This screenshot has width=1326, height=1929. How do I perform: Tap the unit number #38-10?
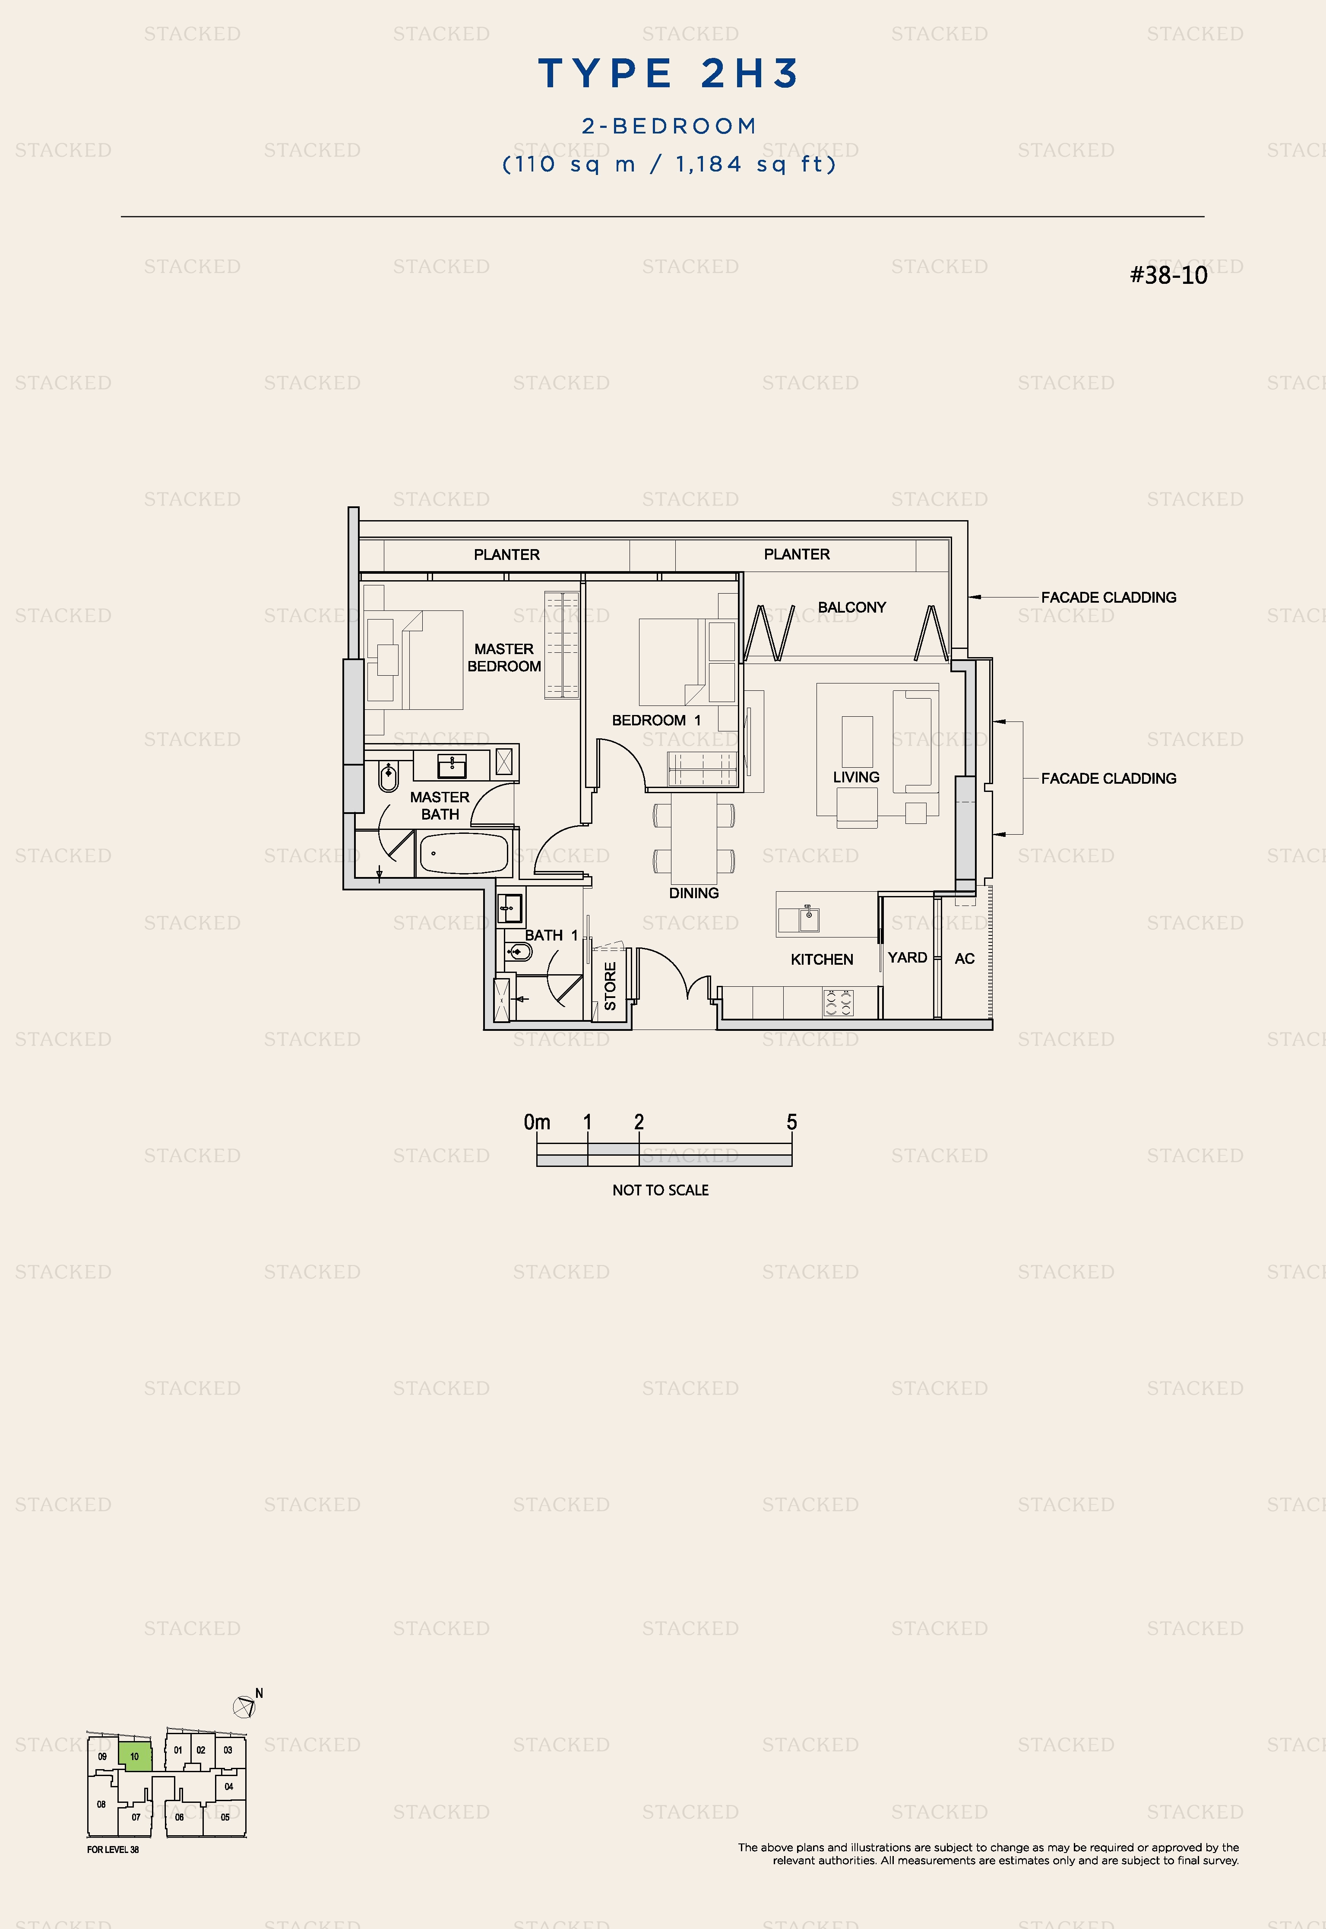point(1168,275)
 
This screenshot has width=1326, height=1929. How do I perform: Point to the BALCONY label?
point(851,607)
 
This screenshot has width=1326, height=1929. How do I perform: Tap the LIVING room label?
point(856,777)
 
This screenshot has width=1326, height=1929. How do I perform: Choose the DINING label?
point(694,893)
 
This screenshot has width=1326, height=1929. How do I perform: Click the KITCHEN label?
point(822,960)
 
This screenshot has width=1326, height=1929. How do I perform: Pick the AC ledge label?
point(965,959)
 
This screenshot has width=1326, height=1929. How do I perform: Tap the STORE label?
point(610,986)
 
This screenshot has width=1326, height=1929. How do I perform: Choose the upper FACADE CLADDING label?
point(1108,597)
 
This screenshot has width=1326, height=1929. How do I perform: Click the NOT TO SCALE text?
point(661,1190)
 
